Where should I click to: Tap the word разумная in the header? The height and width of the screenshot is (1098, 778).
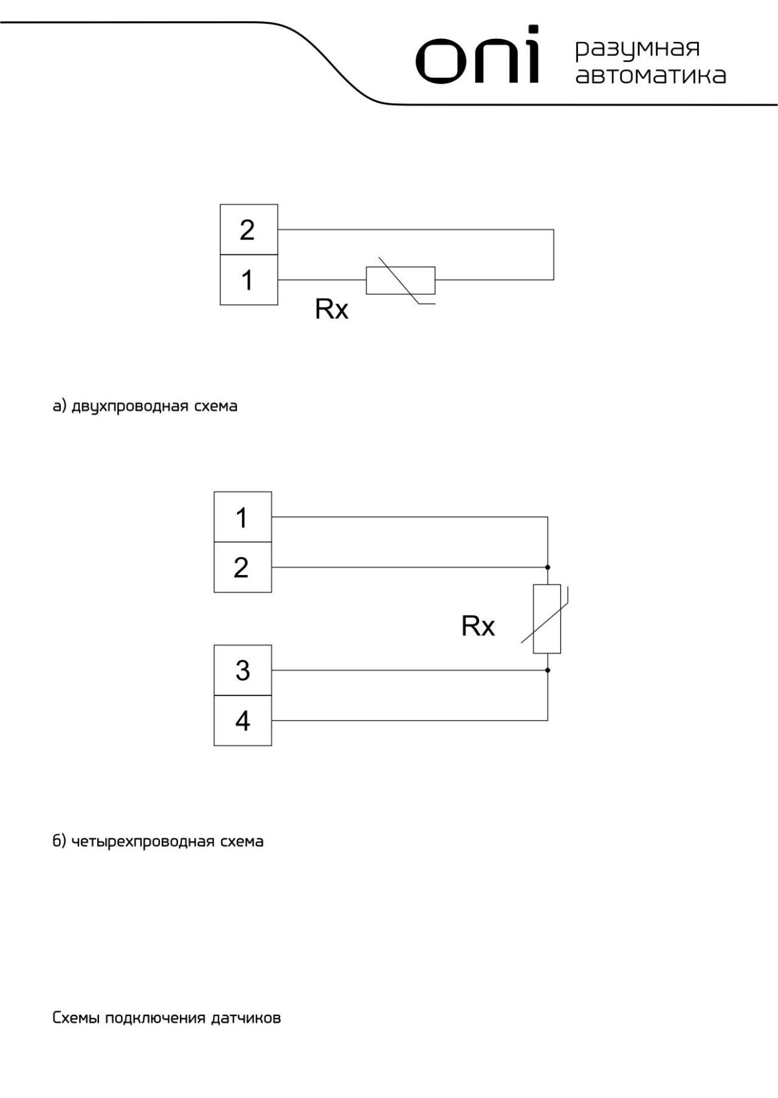pos(638,49)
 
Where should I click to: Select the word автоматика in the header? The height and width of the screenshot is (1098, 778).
pos(650,75)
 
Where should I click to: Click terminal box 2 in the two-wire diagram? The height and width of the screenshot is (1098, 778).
pos(249,230)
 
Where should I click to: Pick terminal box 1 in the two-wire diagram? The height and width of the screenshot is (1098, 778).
pos(249,280)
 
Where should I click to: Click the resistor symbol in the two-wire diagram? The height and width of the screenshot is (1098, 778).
pos(401,280)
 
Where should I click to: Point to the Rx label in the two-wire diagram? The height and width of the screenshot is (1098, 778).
pos(331,309)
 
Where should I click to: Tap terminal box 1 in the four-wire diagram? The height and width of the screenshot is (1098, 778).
pos(243,517)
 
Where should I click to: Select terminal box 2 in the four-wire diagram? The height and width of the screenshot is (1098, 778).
pos(243,567)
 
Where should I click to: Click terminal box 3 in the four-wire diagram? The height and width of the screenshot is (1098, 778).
pos(243,671)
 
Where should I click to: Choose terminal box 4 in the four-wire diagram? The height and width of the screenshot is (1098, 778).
pos(243,720)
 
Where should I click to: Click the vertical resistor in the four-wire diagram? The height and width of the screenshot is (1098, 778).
pos(547,619)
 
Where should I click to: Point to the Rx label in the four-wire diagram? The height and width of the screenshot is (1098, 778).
pos(478,626)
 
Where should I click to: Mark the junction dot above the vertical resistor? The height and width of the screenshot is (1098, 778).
pos(548,567)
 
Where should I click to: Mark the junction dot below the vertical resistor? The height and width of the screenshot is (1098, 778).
pos(548,670)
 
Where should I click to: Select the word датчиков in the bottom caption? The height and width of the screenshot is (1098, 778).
pos(246,1018)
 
